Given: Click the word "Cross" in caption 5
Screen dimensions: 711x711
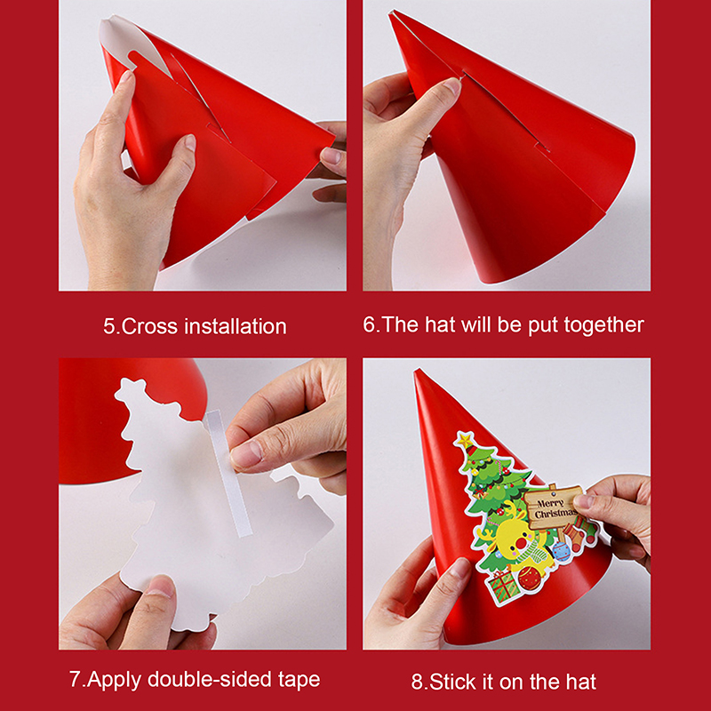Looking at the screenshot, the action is pyautogui.click(x=149, y=326).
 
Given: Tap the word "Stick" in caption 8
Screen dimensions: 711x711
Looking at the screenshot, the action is pyautogui.click(x=452, y=682).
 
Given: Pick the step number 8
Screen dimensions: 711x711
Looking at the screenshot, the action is pyautogui.click(x=417, y=683).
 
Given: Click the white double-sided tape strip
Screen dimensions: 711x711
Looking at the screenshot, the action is pyautogui.click(x=228, y=473).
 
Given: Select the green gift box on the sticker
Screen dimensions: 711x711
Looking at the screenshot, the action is pyautogui.click(x=502, y=587).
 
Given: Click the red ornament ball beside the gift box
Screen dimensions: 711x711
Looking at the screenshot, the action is pyautogui.click(x=530, y=577).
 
